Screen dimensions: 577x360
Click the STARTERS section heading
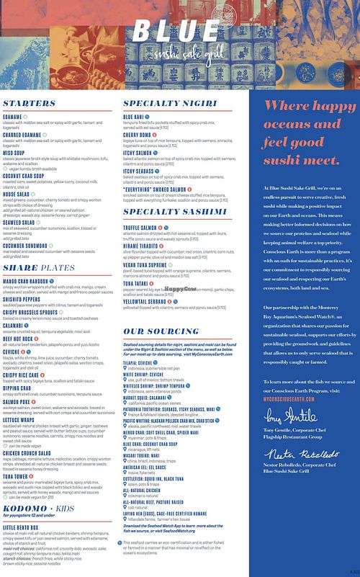30,104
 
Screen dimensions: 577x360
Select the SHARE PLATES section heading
39,268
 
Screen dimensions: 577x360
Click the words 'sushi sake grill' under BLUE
186,55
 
